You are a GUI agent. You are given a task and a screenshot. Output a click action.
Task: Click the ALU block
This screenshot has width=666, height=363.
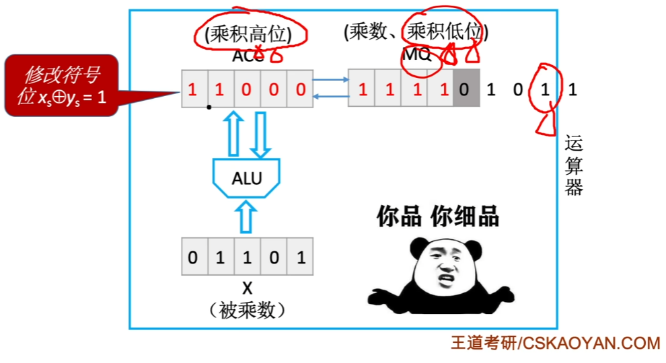[247, 179]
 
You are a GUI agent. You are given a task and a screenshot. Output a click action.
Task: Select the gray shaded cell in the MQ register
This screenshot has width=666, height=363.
[466, 89]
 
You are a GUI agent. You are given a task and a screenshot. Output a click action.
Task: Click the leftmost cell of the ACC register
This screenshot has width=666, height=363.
[194, 89]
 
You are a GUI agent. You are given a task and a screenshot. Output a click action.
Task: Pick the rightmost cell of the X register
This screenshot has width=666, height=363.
[300, 257]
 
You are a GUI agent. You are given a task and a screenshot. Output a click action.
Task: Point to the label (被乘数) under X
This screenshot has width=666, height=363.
[247, 310]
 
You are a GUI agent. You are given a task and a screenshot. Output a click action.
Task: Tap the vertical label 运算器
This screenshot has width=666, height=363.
[573, 165]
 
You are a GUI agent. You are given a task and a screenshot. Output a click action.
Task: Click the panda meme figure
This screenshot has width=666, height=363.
[441, 276]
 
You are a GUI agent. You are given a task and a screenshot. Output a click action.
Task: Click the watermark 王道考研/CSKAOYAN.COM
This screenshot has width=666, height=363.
[555, 344]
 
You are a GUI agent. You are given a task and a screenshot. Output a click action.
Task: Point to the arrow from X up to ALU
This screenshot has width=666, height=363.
[247, 216]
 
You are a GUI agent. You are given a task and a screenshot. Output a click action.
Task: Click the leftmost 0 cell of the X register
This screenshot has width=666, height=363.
[194, 257]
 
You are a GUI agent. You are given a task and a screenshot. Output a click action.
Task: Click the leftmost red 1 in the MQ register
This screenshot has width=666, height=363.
[362, 89]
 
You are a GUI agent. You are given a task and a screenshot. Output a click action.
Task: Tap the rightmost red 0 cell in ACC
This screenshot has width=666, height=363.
[300, 89]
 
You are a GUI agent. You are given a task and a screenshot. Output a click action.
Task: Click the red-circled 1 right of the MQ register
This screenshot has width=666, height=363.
[546, 89]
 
